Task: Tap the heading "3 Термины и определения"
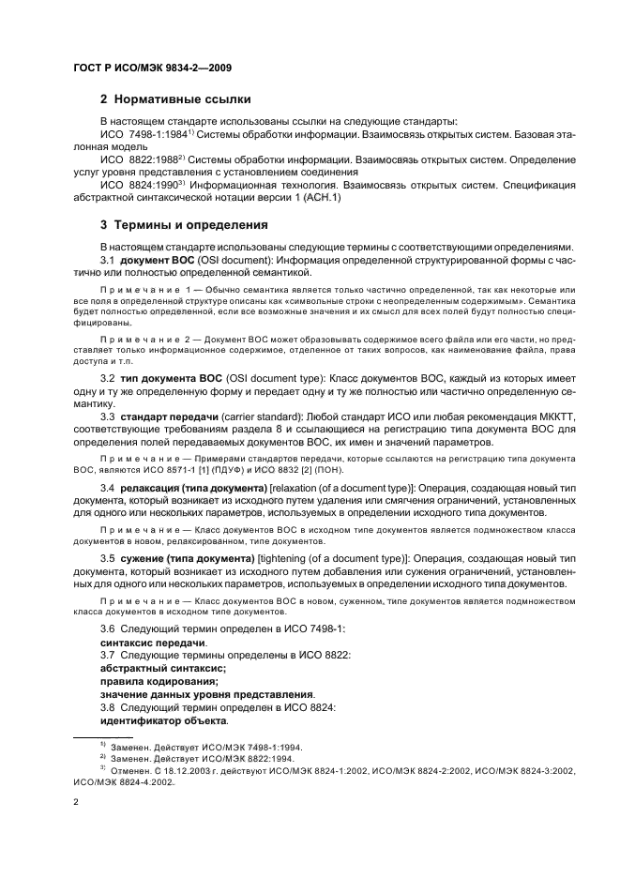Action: [184, 225]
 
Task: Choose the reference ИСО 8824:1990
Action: [142, 186]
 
